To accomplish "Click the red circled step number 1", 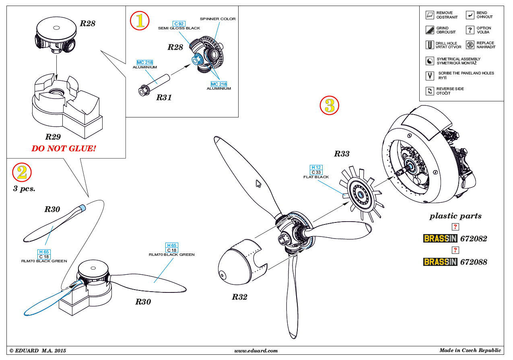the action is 140,21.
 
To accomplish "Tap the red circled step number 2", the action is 22,172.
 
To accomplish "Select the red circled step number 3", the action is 330,105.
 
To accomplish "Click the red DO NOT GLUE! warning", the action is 64,148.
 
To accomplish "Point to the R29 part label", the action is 53,137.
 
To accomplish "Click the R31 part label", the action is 164,97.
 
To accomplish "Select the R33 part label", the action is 342,154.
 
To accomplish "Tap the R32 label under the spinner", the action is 239,297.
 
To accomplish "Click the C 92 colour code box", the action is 179,24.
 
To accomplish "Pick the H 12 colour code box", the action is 316,167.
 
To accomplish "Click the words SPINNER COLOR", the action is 218,19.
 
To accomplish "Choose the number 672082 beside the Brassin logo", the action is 474,239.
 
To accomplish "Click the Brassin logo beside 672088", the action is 440,262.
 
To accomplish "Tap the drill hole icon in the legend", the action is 430,45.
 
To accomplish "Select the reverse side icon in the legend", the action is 430,91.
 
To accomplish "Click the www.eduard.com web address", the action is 256,351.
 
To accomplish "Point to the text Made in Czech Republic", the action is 470,350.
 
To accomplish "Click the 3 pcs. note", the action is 24,189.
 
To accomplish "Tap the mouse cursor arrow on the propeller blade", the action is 259,184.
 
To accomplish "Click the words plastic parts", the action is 455,216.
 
